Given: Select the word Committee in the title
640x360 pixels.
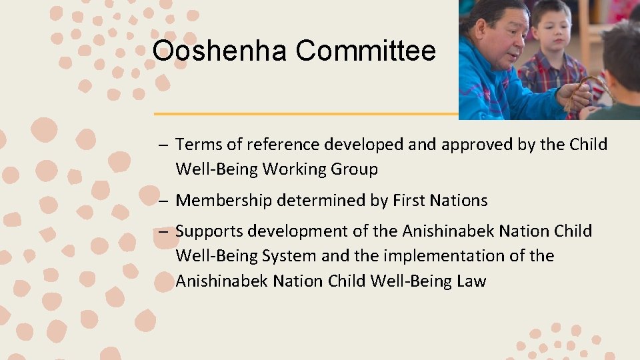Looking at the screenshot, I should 365,51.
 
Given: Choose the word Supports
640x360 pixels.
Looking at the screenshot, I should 205,231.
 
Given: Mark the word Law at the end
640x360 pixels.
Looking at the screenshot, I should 471,281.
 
